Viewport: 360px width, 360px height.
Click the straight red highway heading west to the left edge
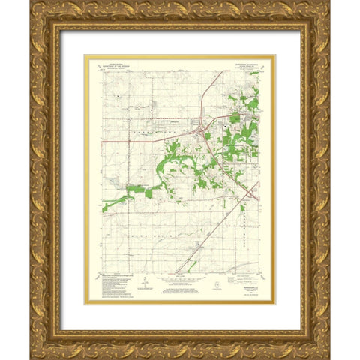tap(135, 140)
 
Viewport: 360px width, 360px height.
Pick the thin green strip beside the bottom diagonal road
tap(193, 262)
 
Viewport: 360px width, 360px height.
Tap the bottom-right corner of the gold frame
tap(328, 357)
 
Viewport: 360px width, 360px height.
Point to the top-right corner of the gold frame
tap(328, 3)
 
